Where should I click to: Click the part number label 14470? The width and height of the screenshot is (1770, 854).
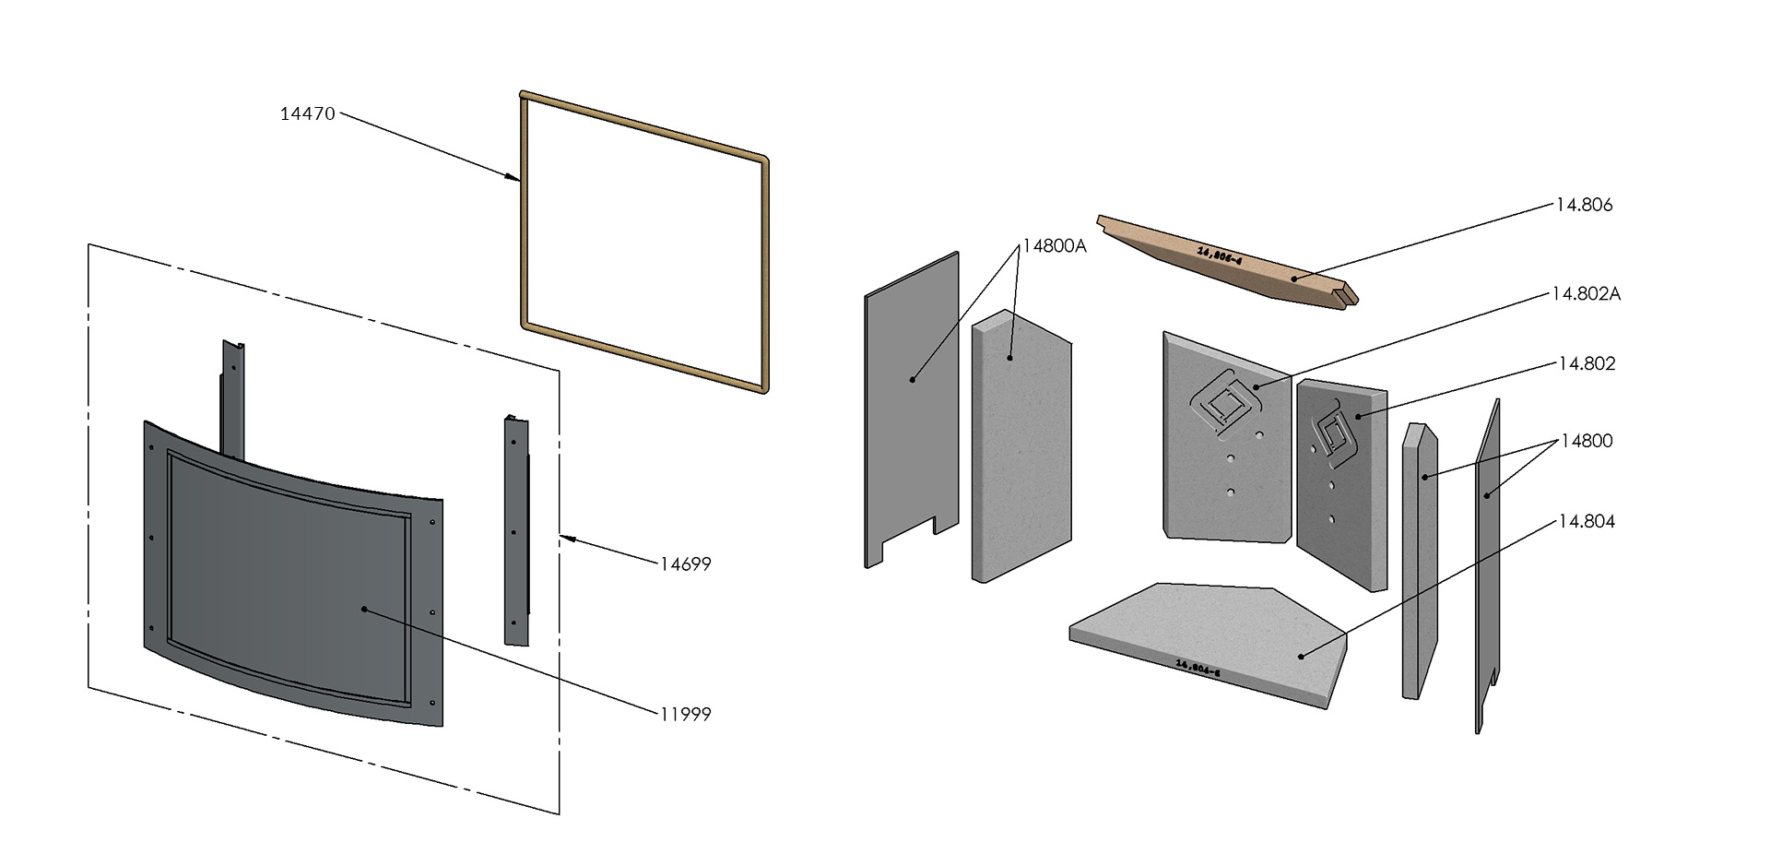click(x=308, y=114)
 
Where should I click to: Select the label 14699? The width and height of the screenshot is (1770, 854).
click(x=685, y=564)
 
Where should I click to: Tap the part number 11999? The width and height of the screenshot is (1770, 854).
click(x=685, y=714)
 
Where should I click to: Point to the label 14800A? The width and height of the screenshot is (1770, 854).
click(x=1054, y=247)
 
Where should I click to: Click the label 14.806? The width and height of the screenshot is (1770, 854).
click(x=1584, y=206)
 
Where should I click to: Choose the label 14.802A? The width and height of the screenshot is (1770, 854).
click(x=1586, y=294)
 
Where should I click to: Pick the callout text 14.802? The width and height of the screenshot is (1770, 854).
click(x=1587, y=364)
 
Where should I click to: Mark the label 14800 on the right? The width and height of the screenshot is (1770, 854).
click(x=1586, y=441)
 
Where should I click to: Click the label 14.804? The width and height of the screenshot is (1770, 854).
click(x=1587, y=522)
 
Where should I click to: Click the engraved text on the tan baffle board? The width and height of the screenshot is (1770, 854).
click(x=1220, y=255)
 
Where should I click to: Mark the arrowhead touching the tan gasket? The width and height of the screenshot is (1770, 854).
click(x=513, y=176)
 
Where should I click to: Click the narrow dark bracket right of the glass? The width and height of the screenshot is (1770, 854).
click(x=516, y=530)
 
